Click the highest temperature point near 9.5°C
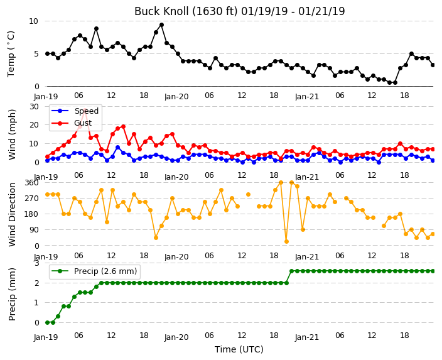point(161,25)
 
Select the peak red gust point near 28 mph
point(85,110)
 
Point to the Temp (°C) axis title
point(11,54)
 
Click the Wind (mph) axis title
point(12,134)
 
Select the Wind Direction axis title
point(12,214)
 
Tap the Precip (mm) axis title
point(12,294)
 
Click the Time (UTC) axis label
point(239,349)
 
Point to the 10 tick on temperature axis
point(33,21)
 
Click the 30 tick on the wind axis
point(34,107)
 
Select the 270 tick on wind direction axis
point(32,199)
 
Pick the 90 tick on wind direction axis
point(34,230)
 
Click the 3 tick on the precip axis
point(36,263)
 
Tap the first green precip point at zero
point(47,322)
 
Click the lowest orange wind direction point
point(286,241)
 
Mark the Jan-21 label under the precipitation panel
point(307,337)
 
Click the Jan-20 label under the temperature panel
point(176,97)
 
